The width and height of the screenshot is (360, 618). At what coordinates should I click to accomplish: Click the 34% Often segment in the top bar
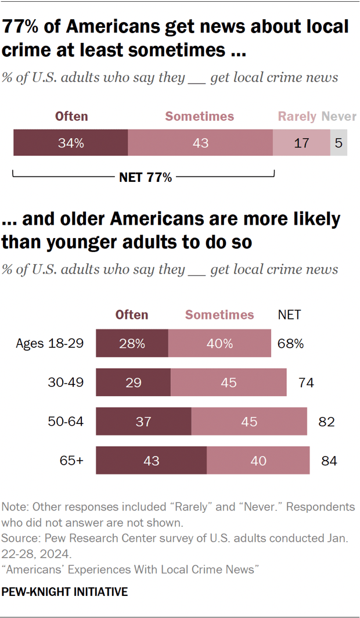(70, 143)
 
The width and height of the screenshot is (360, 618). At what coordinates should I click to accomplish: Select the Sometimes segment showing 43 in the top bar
(200, 143)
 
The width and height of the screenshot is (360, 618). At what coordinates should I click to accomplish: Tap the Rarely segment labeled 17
(301, 143)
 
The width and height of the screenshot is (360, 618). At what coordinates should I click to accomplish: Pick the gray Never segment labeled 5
(339, 143)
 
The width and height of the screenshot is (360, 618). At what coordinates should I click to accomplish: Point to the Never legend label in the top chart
(339, 116)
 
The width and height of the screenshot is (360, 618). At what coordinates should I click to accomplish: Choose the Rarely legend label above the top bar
(297, 116)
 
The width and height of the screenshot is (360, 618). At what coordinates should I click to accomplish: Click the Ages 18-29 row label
(50, 343)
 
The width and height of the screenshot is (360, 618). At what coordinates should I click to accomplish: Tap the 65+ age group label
(73, 461)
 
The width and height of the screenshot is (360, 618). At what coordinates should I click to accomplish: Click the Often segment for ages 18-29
(132, 343)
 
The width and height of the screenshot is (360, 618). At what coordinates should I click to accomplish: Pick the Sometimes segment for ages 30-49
(228, 382)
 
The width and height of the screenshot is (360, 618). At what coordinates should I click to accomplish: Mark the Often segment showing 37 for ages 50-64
(143, 422)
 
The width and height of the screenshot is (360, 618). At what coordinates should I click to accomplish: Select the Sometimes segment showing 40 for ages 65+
(258, 461)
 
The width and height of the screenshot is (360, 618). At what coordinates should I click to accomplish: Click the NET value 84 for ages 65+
(328, 461)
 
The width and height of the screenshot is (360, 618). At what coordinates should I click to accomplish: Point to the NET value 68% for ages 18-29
(290, 343)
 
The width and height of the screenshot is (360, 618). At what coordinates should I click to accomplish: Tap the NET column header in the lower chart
(289, 315)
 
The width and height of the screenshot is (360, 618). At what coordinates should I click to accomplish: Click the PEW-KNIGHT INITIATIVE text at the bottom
(65, 592)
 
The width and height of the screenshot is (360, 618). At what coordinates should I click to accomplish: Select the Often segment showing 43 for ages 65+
(151, 461)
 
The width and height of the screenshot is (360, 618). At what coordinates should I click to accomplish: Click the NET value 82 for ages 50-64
(326, 422)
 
